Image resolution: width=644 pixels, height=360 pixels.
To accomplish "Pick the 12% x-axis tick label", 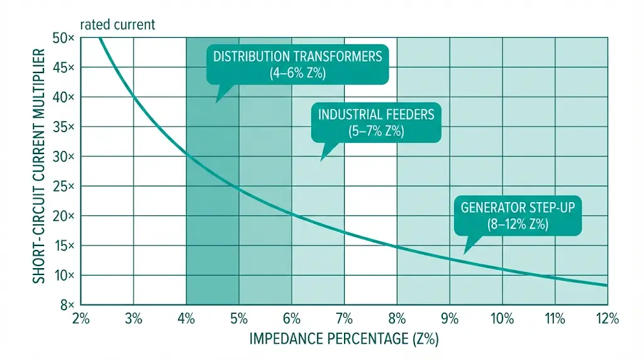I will (608, 318).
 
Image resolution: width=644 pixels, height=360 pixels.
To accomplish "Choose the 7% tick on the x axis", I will (344, 318).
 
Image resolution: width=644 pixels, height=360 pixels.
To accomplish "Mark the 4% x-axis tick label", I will (186, 318).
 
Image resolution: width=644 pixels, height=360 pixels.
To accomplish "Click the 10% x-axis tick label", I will (502, 318).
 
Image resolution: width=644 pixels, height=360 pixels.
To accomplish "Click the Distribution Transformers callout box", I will (297, 65).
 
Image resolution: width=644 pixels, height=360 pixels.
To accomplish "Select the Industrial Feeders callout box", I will (376, 123).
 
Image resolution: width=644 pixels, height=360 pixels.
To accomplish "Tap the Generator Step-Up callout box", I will (518, 215).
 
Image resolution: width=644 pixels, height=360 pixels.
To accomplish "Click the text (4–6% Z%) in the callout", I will (297, 73).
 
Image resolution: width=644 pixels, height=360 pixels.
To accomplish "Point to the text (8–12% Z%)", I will (518, 223).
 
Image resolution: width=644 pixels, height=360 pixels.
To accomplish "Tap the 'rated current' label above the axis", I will (116, 25).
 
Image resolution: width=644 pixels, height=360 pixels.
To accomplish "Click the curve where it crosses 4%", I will (186, 151).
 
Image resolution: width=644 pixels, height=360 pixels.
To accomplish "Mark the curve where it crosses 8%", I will (397, 246).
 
